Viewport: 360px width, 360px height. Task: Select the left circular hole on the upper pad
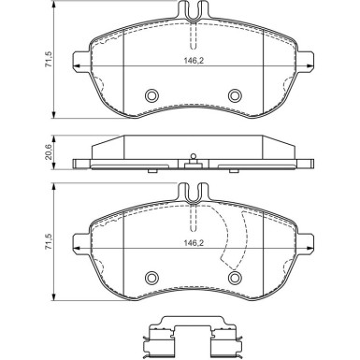pos(151,95)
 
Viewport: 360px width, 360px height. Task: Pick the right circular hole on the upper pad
pos(234,95)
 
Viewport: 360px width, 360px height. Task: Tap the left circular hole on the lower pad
pos(151,276)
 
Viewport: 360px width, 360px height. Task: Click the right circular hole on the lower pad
pos(234,276)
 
